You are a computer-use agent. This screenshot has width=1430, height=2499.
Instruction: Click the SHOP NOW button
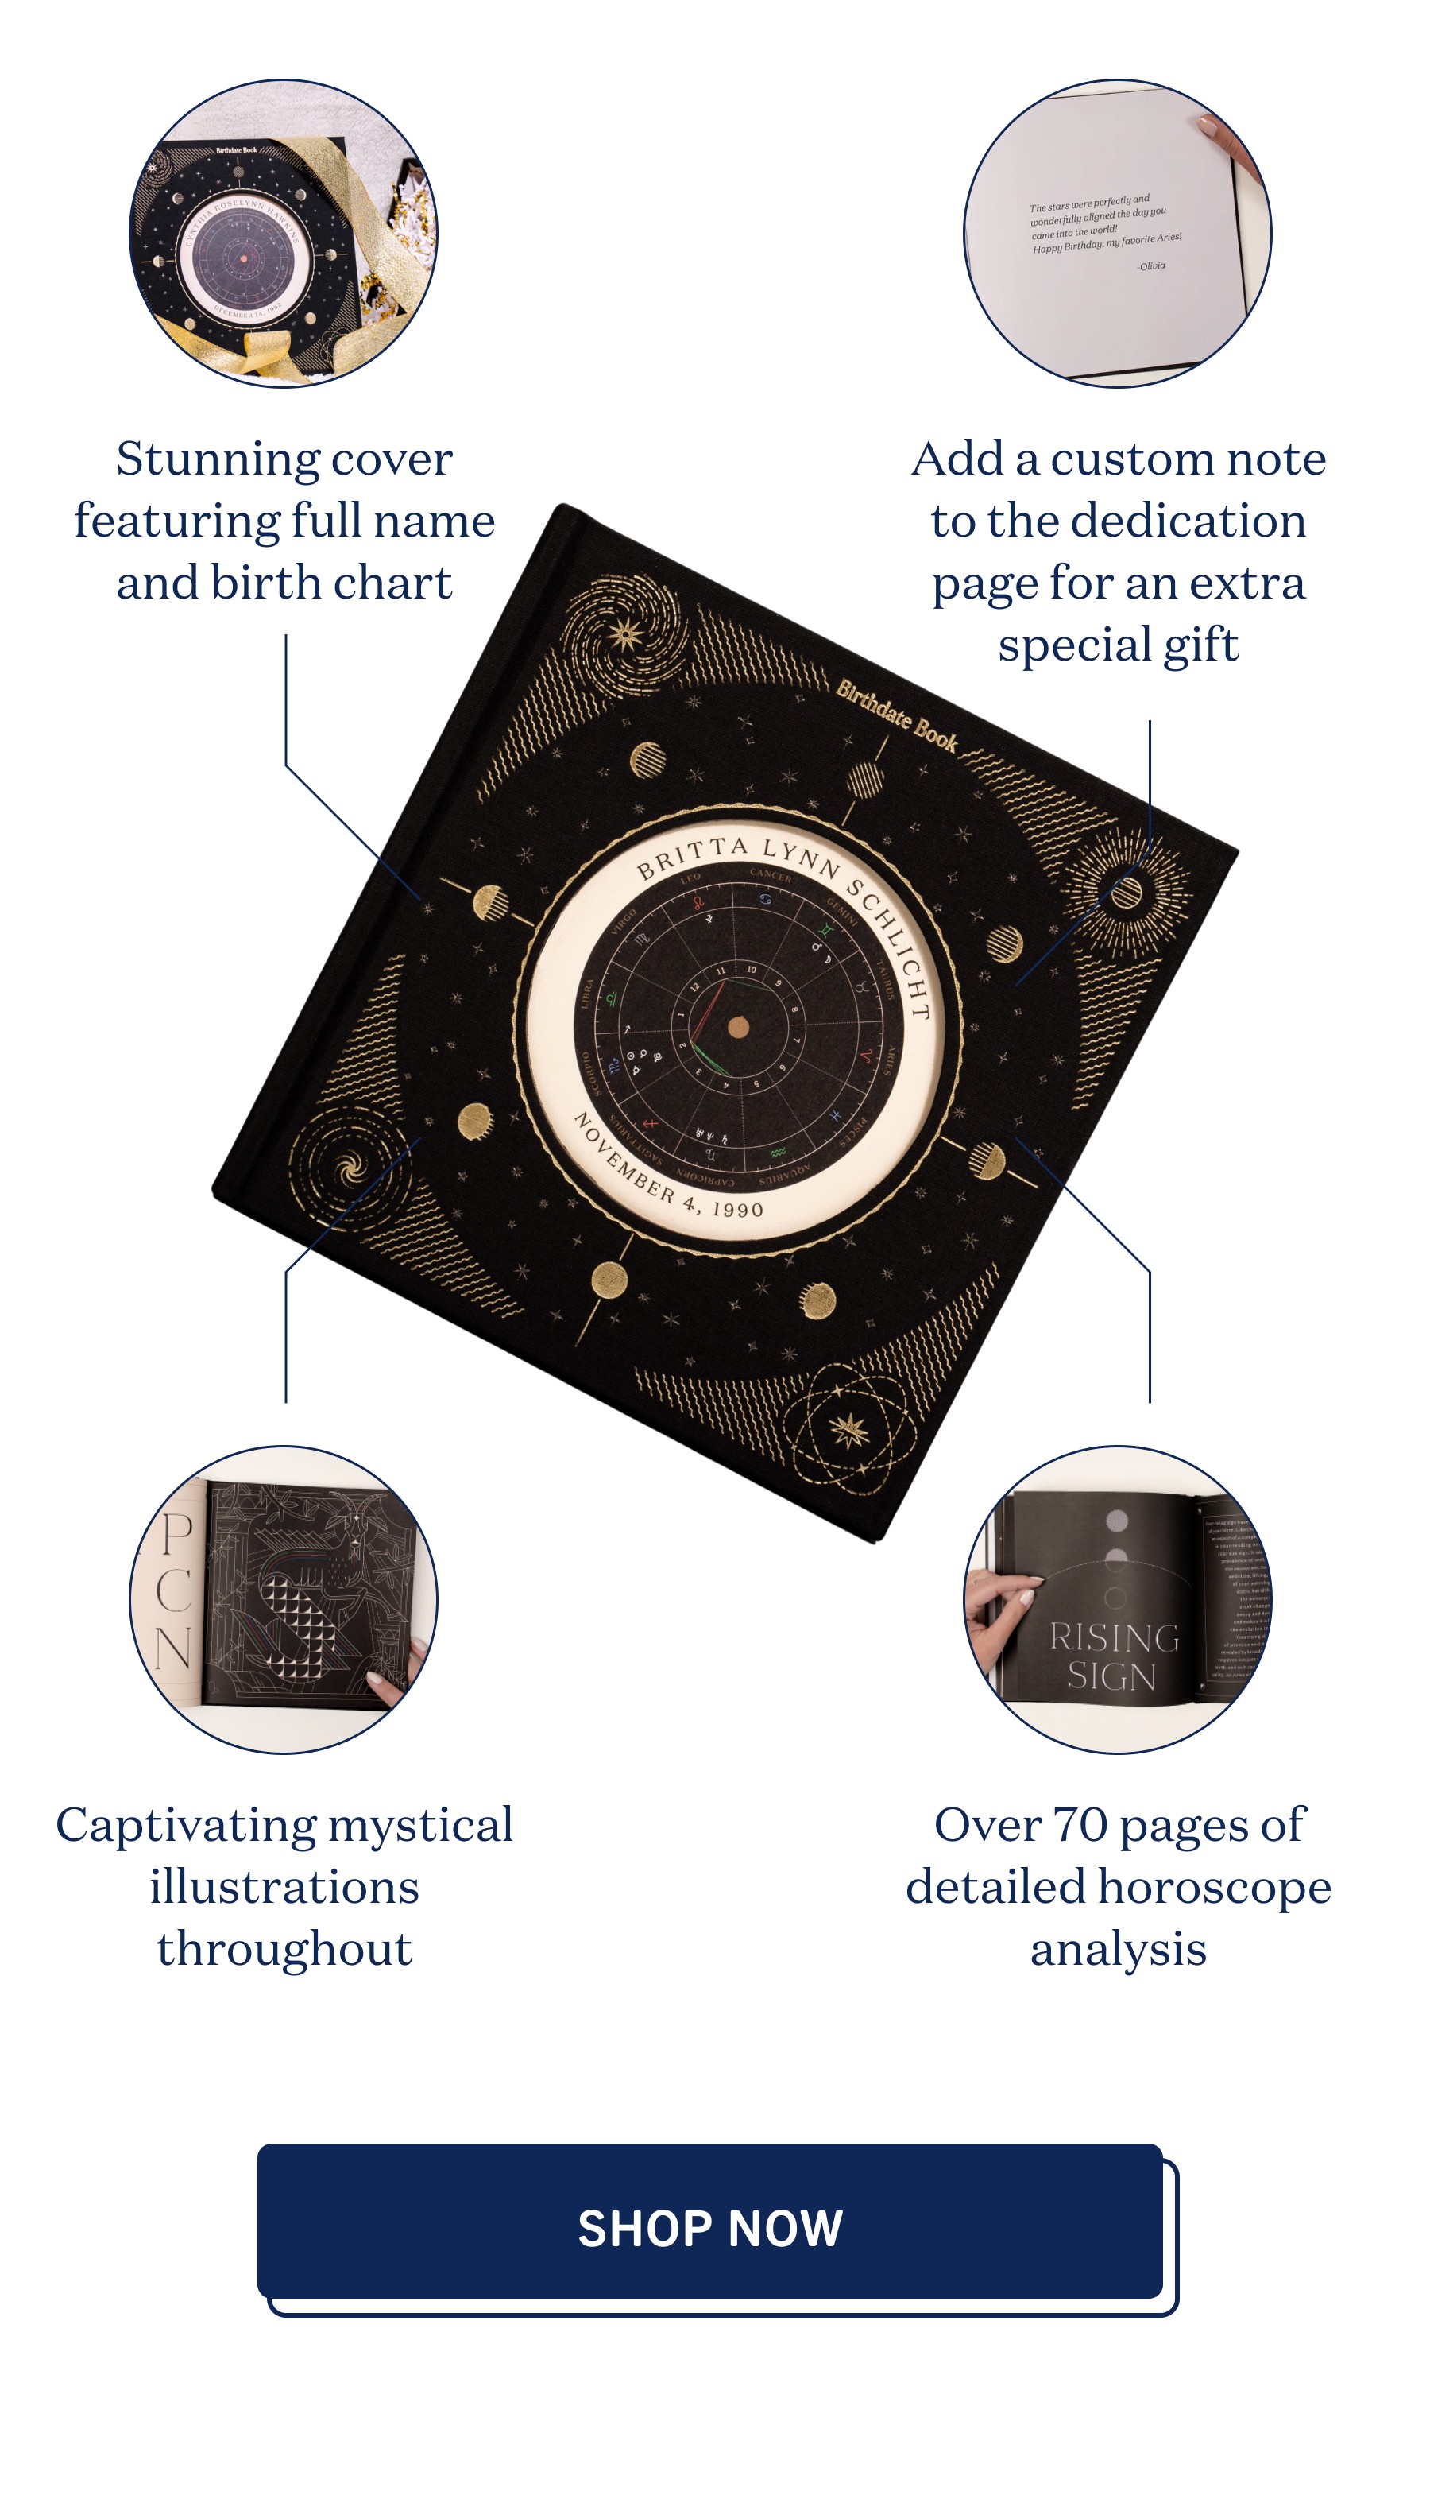[710, 2227]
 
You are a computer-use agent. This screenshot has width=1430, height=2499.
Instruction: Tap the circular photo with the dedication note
[1118, 234]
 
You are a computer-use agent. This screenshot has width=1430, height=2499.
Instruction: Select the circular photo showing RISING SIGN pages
[1118, 1599]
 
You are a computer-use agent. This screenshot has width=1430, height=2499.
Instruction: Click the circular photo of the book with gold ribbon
[284, 234]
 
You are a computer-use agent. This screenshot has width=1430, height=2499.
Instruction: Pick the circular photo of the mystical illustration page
[284, 1599]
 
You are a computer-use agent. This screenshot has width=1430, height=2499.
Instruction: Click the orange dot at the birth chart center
[739, 1028]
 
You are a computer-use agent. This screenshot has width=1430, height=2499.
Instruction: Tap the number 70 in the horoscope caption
[1080, 1825]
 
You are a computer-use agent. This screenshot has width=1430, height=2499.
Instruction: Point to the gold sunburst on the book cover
[1127, 892]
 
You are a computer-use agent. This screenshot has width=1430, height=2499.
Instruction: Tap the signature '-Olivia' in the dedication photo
[1150, 266]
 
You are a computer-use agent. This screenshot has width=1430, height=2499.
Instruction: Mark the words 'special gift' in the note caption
[1118, 645]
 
